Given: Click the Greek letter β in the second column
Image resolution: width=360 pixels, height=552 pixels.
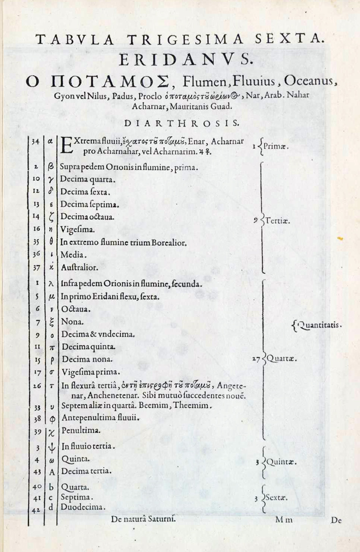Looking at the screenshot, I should point(51,167).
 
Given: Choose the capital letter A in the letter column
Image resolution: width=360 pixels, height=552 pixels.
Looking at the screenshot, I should point(51,471).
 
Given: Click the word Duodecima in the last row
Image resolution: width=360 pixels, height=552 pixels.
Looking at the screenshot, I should point(83,506).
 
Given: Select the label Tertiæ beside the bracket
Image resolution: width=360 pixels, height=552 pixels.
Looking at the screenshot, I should point(277,221).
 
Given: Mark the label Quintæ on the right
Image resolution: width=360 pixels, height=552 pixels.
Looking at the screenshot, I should point(281,463).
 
